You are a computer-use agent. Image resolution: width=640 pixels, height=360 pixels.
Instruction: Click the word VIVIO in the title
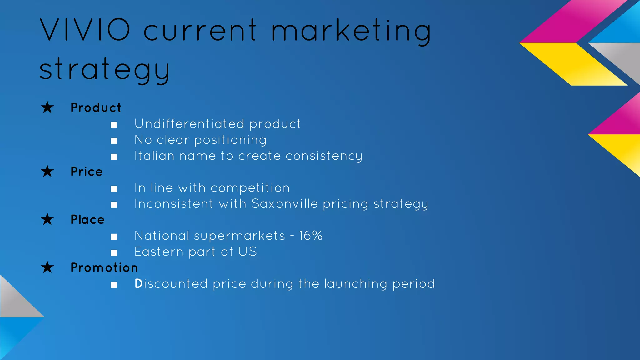tap(85, 30)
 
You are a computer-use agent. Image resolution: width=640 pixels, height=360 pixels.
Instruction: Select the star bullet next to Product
tap(47, 107)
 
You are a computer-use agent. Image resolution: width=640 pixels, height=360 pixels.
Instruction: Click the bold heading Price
tap(87, 172)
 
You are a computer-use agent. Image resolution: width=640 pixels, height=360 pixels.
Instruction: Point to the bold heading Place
tap(87, 219)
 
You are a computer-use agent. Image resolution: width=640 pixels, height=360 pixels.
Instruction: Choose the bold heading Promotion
tap(104, 267)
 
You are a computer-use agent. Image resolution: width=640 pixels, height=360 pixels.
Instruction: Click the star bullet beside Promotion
tap(47, 267)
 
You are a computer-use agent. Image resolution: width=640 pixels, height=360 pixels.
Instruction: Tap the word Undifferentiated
tap(189, 124)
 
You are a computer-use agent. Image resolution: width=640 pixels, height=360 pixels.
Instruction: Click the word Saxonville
tap(285, 204)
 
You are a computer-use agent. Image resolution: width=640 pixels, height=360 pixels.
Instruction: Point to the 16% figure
tap(311, 236)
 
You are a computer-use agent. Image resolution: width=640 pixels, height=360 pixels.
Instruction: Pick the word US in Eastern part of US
tap(247, 252)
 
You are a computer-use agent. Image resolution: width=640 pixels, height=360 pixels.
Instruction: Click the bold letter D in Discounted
tap(138, 284)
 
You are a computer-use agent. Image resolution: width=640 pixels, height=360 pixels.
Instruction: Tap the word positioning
tap(230, 140)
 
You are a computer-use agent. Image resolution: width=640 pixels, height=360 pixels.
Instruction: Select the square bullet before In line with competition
tap(114, 189)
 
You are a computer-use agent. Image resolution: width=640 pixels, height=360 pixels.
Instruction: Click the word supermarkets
tap(239, 236)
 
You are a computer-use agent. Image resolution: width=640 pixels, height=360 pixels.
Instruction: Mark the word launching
tap(356, 284)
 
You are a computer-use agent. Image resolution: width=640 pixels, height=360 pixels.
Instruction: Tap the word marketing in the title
tap(351, 31)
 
